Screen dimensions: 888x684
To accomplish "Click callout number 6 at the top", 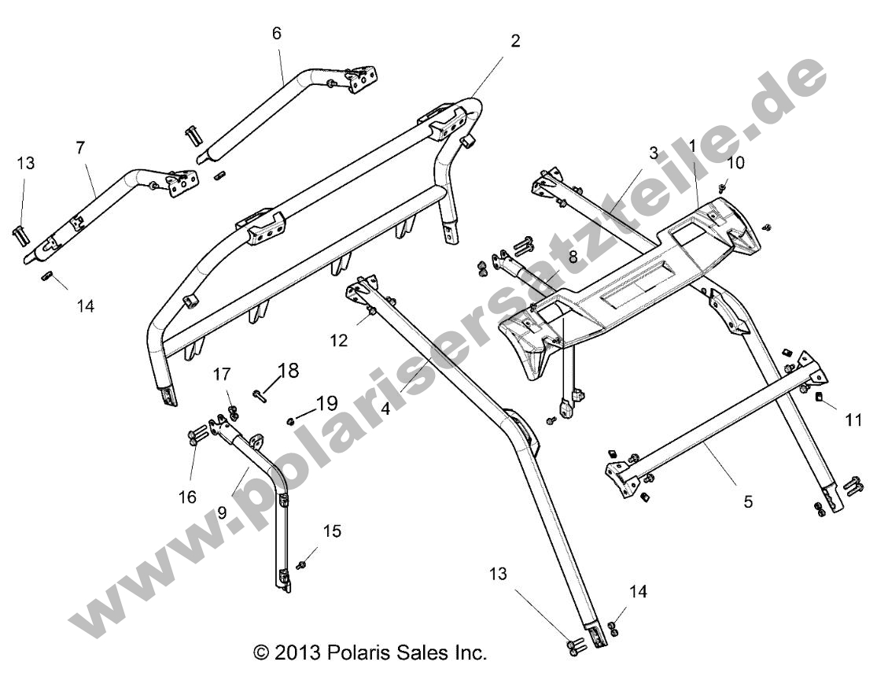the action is coord(276,33).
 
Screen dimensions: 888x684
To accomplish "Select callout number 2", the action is coord(515,41).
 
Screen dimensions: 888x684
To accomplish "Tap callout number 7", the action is coord(80,147).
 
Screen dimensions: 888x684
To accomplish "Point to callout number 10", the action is coord(735,163).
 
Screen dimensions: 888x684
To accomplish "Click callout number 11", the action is coord(853,420).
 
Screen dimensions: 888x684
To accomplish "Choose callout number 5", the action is coord(748,501).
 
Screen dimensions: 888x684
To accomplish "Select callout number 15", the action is coord(332,532).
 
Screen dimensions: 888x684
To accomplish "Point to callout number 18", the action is coord(289,371).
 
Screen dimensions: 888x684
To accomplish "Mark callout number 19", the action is coord(326,405).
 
